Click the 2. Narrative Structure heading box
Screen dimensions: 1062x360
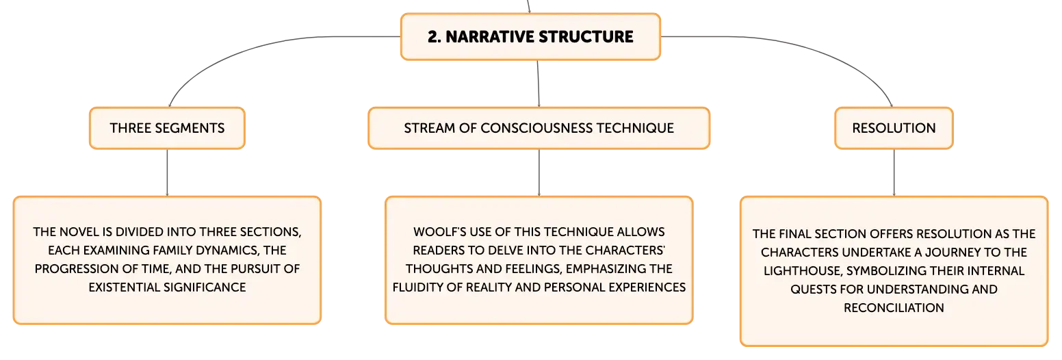coord(530,36)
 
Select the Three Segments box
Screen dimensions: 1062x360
coord(168,128)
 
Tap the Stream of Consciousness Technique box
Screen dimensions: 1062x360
coord(539,128)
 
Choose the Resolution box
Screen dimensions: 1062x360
coord(894,128)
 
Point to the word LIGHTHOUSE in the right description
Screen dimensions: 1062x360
coord(802,271)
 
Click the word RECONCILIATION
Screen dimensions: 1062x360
coord(894,308)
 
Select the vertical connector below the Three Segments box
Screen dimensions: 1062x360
coord(167,172)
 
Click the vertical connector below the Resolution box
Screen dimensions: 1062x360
coord(894,172)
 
